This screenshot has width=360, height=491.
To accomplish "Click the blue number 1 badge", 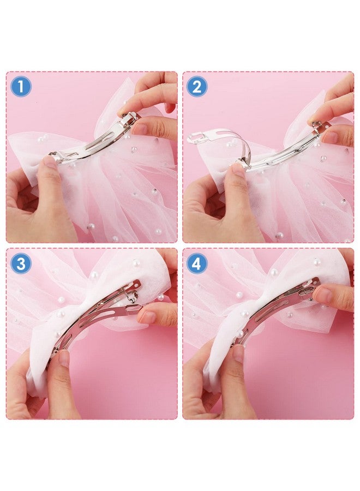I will pos(21,86).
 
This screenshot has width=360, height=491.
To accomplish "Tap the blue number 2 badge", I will pos(197,86).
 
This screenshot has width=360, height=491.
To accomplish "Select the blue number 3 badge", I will pos(21,264).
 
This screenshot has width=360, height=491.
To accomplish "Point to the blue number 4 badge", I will pos(197,264).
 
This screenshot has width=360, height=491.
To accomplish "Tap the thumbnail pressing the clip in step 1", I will pos(51,161).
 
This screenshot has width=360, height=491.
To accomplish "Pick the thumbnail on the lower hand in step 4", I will pos(239,354).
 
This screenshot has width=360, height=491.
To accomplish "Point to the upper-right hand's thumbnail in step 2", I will pos(330,136).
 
